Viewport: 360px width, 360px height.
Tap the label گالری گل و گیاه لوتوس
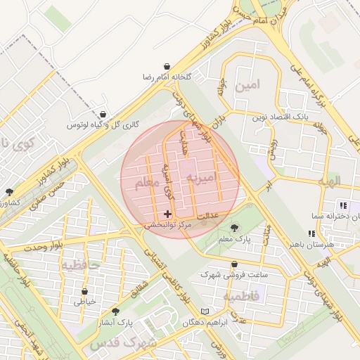tap(103, 124)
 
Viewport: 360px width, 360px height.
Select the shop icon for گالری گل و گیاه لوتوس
tap(103, 114)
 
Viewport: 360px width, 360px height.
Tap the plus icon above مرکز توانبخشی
tap(167, 214)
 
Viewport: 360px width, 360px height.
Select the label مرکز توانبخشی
tap(169, 225)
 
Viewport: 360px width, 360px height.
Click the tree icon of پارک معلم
tap(234, 228)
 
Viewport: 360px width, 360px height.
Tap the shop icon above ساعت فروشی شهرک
tap(234, 264)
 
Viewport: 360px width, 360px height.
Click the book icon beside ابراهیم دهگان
tap(205, 311)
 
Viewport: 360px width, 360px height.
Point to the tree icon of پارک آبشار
tap(115, 311)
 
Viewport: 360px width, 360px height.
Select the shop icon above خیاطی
tap(85, 291)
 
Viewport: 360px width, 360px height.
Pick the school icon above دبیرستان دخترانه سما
tap(343, 205)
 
